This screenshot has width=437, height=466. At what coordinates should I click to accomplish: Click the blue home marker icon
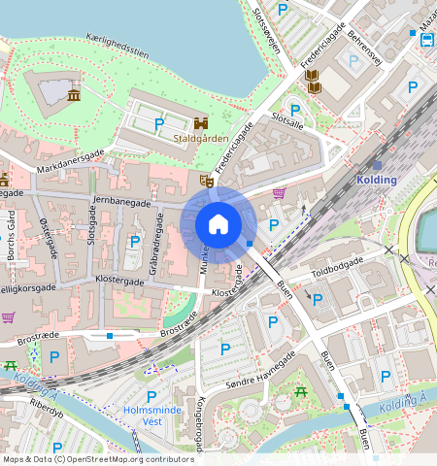click(x=218, y=224)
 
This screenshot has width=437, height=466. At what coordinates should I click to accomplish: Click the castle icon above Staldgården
click(x=201, y=123)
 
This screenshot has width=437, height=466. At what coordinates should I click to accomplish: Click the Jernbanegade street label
click(x=121, y=202)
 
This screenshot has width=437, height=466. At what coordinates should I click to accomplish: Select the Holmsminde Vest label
click(x=152, y=416)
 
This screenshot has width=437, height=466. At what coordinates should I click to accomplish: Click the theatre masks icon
click(x=206, y=181)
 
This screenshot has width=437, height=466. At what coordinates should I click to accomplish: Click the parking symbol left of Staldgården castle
click(x=158, y=123)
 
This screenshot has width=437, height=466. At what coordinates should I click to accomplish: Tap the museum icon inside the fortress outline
click(x=74, y=94)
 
